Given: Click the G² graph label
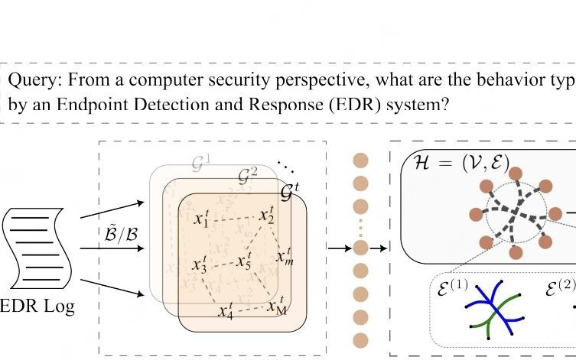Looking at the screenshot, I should (247, 177).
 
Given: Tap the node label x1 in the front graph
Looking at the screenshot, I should (201, 220).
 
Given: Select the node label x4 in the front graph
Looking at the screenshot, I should (225, 311).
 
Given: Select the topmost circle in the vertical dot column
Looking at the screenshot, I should (360, 161).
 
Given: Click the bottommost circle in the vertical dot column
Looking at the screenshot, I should (360, 341).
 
